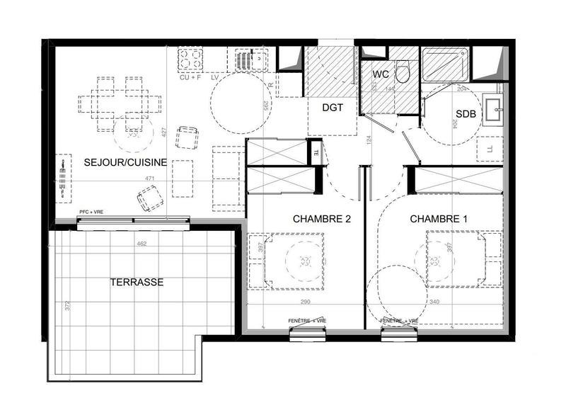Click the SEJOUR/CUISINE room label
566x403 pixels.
[x=125, y=162]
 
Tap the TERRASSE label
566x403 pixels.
[x=137, y=282]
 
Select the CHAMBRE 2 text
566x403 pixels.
[x=322, y=219]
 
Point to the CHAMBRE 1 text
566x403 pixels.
[x=439, y=219]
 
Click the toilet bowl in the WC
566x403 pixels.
[x=403, y=71]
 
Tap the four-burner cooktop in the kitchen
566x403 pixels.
[x=190, y=58]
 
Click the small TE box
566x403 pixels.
[x=316, y=150]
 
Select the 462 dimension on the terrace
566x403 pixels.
[x=141, y=244]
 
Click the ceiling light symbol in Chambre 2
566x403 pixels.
[x=305, y=261]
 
